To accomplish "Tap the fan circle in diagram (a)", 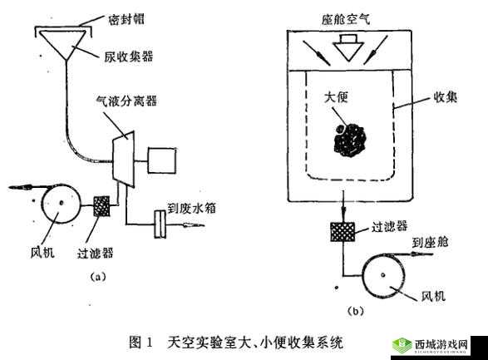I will [58, 204].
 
